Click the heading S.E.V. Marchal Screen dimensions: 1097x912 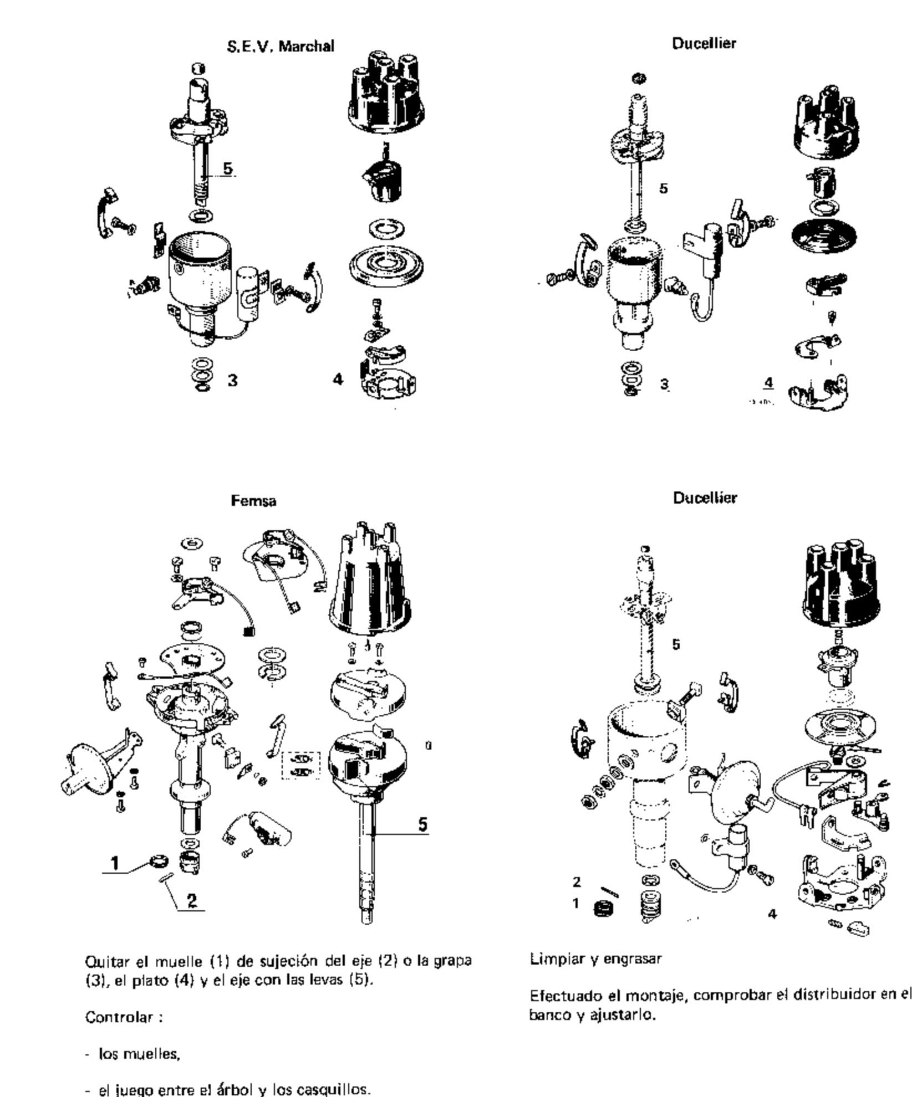tap(281, 46)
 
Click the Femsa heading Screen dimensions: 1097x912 tap(253, 501)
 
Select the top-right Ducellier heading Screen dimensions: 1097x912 tap(704, 43)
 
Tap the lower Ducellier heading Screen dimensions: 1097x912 tap(705, 498)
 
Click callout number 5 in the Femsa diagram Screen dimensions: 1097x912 tap(423, 824)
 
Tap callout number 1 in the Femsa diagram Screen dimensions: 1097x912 tap(115, 863)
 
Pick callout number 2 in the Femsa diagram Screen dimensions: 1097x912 tap(192, 900)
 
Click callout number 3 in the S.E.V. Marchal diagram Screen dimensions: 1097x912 tap(233, 381)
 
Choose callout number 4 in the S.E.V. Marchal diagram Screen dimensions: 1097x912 tap(338, 380)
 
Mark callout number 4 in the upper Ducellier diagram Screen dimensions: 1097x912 tap(768, 382)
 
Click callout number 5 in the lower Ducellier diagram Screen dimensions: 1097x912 tap(676, 644)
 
